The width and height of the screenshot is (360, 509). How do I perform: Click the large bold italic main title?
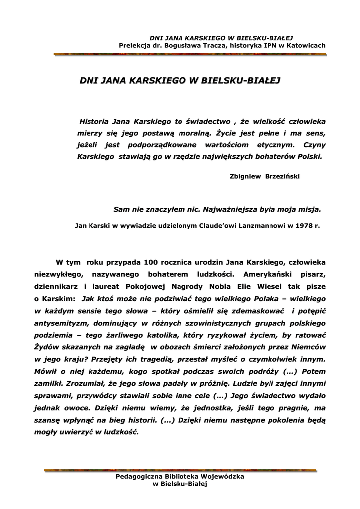180,80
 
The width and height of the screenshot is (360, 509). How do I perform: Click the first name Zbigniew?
246,176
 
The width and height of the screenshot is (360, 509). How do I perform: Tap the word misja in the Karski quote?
310,209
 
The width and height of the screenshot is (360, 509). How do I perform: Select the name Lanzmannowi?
260,225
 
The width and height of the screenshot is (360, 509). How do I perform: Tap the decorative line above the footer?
180,470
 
